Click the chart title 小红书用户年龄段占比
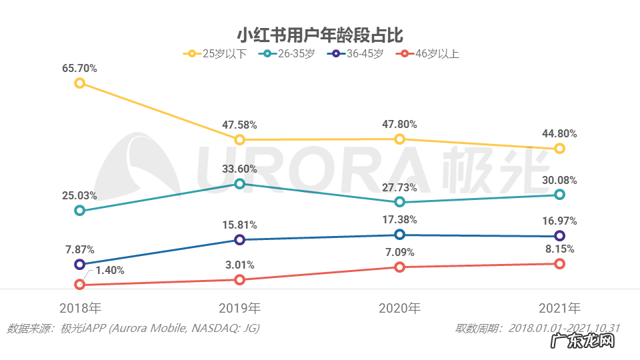(x=320, y=33)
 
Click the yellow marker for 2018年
(x=80, y=83)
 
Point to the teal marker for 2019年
(x=240, y=183)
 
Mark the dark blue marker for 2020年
(x=399, y=234)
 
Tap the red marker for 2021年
(x=560, y=263)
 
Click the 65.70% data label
(x=80, y=67)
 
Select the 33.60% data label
(x=240, y=168)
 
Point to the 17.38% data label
(x=400, y=219)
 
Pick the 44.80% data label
(x=560, y=133)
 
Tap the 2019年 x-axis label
(x=240, y=309)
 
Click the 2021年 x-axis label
(x=560, y=309)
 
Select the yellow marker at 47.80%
(x=399, y=139)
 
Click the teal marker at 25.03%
(x=80, y=211)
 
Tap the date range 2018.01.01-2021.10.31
(x=564, y=328)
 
